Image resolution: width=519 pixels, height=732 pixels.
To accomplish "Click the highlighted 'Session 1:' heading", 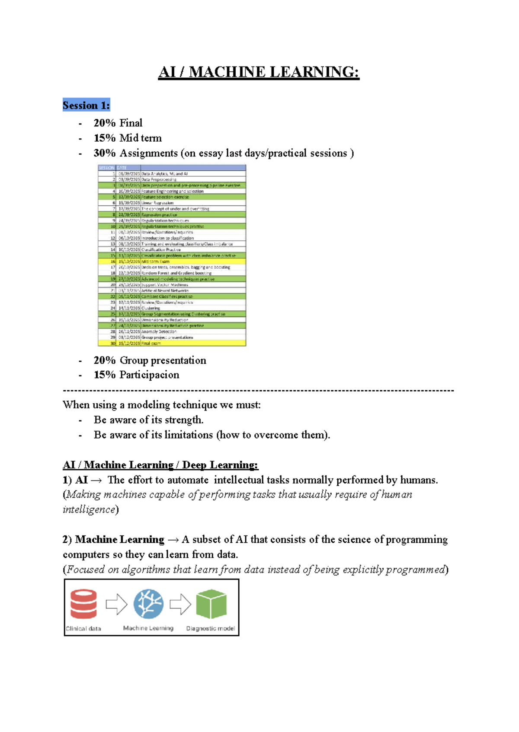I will [86, 105].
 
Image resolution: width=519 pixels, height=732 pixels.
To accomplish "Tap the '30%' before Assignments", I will [104, 153].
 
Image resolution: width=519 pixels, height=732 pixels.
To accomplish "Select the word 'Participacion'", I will [149, 375].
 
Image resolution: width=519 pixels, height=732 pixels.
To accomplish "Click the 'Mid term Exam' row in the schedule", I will [156, 261].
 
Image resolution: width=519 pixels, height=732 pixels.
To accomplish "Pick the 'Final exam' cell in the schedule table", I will [151, 343].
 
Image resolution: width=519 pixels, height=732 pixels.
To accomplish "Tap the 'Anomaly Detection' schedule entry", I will [159, 331].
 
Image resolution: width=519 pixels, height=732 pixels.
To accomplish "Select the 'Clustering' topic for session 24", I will [151, 308].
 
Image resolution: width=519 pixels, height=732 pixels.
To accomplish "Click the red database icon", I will [83, 604].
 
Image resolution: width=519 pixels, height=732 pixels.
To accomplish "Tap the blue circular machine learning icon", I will [148, 604].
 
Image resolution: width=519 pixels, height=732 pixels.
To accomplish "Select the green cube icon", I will [211, 604].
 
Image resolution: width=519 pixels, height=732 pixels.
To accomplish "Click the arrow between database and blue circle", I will [116, 604].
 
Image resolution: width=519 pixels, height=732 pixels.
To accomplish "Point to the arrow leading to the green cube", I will [180, 604].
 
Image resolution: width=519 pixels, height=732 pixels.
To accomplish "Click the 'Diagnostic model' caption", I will [211, 628].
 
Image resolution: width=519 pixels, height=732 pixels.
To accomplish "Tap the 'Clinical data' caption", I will [83, 629].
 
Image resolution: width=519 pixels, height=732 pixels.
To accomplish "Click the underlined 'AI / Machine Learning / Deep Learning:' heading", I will [160, 465].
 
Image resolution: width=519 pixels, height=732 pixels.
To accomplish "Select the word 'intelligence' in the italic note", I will [89, 509].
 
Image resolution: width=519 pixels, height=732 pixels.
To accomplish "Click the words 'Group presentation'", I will [163, 360].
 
